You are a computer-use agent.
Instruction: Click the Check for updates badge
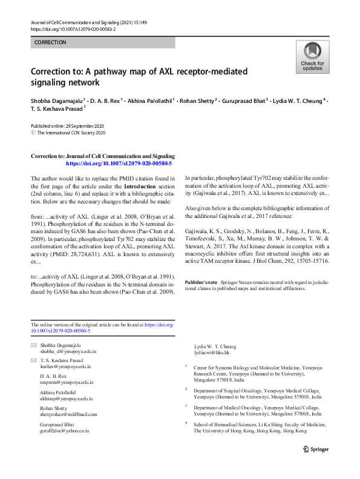tap(312, 58)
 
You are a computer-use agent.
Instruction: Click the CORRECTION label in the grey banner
tap(50, 42)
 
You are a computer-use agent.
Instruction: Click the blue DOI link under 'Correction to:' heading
tap(119, 164)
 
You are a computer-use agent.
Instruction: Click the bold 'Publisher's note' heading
tap(201, 282)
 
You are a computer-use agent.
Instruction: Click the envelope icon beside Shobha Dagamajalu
tap(33, 345)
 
